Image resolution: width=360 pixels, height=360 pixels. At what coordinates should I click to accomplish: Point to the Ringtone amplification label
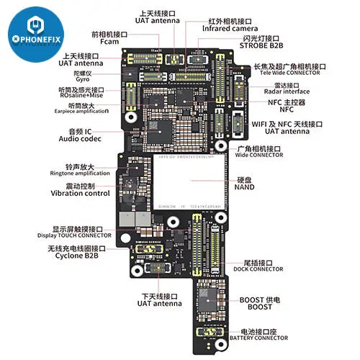click(x=71, y=174)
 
